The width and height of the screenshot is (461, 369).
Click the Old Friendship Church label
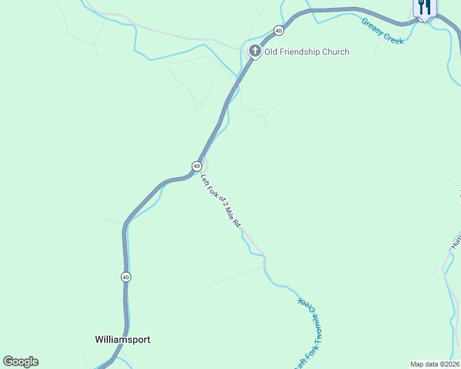click(307, 52)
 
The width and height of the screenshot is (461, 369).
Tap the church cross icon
click(255, 51)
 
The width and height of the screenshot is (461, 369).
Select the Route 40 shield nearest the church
click(279, 30)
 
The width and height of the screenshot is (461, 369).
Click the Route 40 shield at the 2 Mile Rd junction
click(196, 166)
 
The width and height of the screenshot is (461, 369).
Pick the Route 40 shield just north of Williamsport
click(126, 277)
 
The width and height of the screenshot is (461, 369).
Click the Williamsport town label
click(123, 339)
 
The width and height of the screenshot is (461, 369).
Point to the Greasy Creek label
click(382, 31)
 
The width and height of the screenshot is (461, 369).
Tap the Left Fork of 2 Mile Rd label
click(221, 201)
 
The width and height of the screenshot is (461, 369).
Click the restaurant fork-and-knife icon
click(424, 7)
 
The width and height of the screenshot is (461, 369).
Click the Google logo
click(20, 362)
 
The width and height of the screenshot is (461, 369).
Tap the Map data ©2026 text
click(434, 364)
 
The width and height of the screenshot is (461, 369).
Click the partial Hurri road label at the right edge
click(456, 240)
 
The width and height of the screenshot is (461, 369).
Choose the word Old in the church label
click(271, 52)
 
